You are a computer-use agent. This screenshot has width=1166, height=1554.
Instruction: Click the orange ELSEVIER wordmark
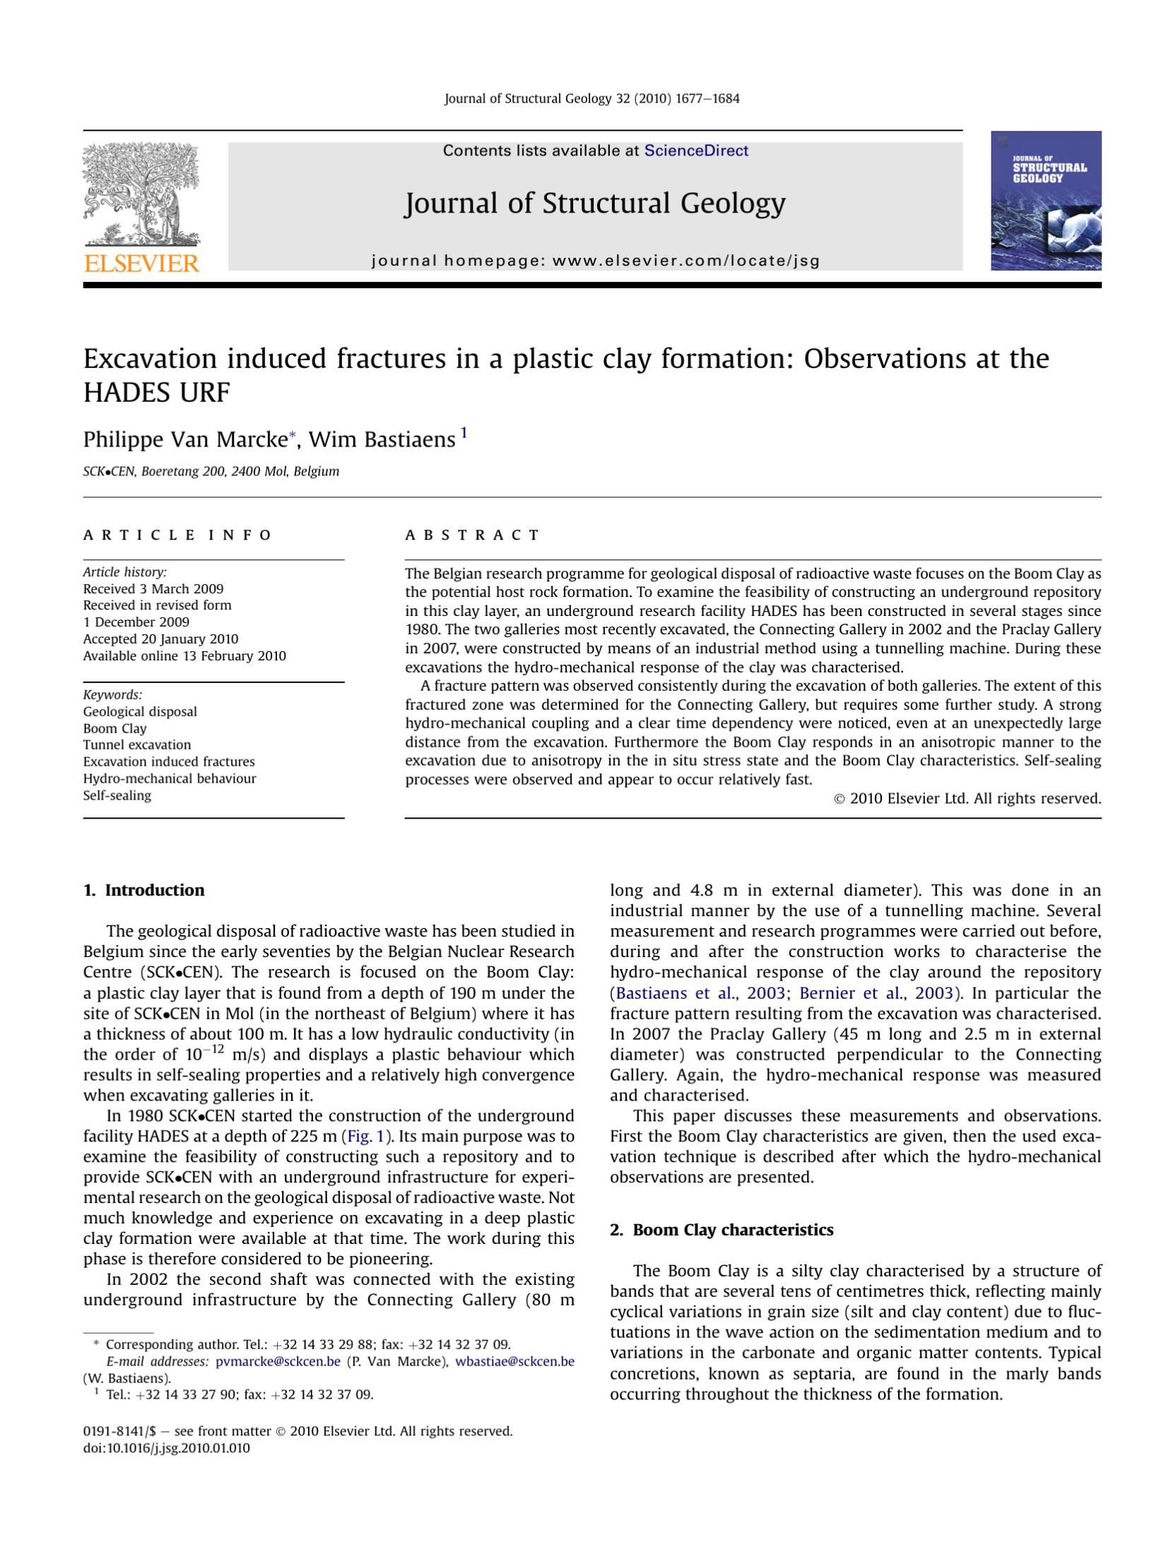[x=141, y=263]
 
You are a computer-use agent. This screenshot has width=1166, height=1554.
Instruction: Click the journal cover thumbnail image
[x=1045, y=201]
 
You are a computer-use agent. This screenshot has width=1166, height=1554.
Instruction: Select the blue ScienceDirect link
[x=695, y=150]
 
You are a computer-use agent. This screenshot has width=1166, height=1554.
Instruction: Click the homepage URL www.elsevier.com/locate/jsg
[x=685, y=261]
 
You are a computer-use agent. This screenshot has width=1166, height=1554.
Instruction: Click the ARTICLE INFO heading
[x=177, y=535]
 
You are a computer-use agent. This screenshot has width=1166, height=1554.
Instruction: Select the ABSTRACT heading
[x=471, y=535]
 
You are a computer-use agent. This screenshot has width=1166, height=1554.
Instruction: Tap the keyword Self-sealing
[x=117, y=795]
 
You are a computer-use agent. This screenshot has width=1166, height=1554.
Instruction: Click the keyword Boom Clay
[x=114, y=728]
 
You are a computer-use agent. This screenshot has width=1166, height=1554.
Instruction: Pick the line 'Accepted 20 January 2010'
[x=160, y=639]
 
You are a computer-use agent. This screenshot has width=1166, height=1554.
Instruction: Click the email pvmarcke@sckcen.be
[x=278, y=1361]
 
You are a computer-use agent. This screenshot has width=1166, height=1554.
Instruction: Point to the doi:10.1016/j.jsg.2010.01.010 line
[x=167, y=1448]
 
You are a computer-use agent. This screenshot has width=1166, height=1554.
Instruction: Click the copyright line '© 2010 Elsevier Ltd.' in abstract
[x=967, y=798]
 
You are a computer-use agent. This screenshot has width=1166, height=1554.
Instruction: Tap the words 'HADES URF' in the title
[x=157, y=393]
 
